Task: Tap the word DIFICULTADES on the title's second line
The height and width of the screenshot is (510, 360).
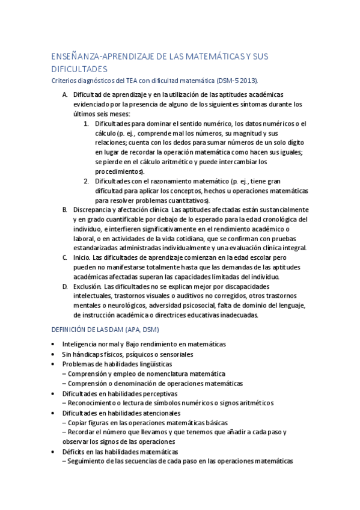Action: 80,70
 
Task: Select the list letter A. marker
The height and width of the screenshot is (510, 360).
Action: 65,94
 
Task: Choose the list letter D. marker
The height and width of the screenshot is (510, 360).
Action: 65,286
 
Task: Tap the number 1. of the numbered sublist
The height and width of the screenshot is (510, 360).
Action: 87,124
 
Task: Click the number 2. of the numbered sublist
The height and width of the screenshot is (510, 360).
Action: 87,181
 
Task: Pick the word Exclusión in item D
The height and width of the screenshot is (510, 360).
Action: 88,286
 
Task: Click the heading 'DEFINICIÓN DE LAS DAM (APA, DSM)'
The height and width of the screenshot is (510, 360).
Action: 106,330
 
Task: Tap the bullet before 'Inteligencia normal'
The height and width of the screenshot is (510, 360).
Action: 54,345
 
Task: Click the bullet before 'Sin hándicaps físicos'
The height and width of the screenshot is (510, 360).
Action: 54,355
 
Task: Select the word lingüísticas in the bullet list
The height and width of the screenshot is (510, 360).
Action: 146,364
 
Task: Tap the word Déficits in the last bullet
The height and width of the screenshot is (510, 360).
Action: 75,452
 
